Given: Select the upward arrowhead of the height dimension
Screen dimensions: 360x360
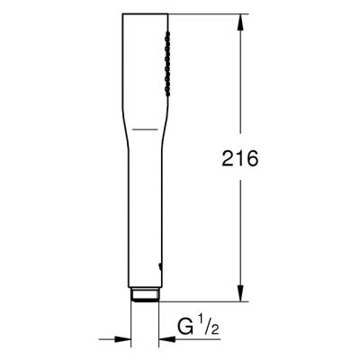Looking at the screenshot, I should [240, 22].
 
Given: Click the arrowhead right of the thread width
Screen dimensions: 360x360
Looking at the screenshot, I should [163, 339].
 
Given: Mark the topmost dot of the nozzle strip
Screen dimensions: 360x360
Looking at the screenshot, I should [167, 31].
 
